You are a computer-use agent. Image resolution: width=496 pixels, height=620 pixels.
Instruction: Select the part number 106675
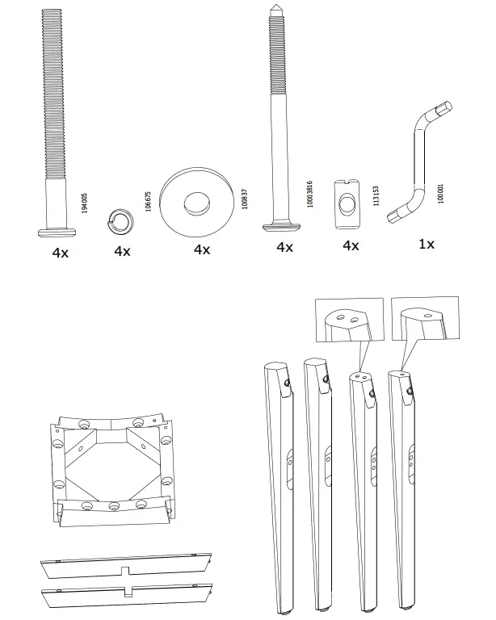148,201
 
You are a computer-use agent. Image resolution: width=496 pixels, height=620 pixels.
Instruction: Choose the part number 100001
441,195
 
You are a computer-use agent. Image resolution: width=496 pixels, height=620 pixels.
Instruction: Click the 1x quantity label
427,243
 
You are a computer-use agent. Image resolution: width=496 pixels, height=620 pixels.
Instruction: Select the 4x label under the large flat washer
202,249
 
